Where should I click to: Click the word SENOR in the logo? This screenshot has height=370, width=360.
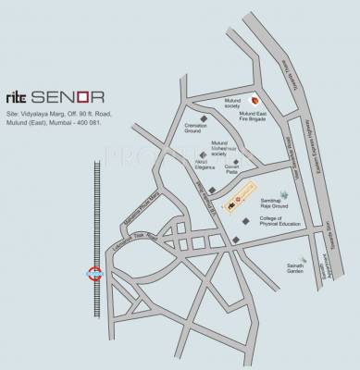(x=79, y=96)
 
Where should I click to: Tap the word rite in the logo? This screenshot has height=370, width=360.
(x=22, y=96)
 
